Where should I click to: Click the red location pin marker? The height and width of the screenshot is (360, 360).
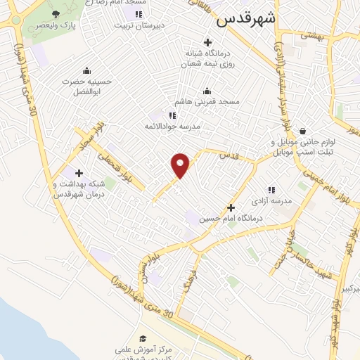click(x=181, y=165)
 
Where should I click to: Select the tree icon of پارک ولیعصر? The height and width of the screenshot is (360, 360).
click(x=56, y=13)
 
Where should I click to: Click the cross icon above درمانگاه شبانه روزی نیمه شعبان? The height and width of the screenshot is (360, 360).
click(x=207, y=42)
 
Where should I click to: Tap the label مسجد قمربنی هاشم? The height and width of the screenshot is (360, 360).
click(x=208, y=101)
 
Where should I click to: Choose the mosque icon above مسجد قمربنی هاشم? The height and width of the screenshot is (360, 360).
click(x=207, y=91)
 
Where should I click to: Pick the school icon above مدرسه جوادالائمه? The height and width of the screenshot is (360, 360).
click(x=172, y=115)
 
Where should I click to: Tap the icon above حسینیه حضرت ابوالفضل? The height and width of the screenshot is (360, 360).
click(x=86, y=70)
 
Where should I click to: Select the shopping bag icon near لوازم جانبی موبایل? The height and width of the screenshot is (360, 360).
click(x=302, y=131)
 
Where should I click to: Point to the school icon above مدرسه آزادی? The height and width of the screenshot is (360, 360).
click(x=271, y=189)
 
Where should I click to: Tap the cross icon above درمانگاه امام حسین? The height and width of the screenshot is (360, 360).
click(x=231, y=207)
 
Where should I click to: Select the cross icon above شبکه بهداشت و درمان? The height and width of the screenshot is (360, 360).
click(x=79, y=173)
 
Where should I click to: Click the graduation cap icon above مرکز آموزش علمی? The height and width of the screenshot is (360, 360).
click(x=143, y=339)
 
